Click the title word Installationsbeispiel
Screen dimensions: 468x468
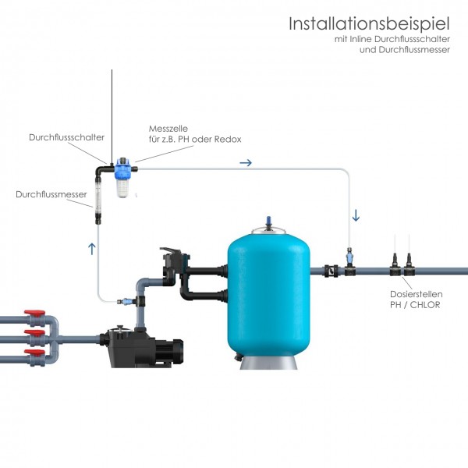[369, 24]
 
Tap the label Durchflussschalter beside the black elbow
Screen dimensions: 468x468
[66, 137]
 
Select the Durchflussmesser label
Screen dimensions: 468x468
[51, 194]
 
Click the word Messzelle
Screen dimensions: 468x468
[168, 129]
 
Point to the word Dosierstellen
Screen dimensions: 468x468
[416, 294]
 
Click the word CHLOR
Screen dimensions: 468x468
[425, 305]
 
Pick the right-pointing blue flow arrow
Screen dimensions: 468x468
[246, 163]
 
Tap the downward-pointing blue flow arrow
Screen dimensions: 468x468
[356, 215]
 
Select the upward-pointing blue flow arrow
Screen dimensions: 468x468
[92, 249]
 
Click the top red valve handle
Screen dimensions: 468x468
[34, 313]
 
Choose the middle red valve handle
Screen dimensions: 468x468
[34, 332]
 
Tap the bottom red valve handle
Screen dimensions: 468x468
[34, 353]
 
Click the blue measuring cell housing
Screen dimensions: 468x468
[122, 178]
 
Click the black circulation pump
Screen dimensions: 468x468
[141, 347]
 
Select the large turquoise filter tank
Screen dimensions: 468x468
[268, 295]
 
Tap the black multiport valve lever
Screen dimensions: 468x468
[170, 251]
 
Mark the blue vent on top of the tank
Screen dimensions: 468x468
[268, 222]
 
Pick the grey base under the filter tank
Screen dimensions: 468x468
[268, 363]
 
